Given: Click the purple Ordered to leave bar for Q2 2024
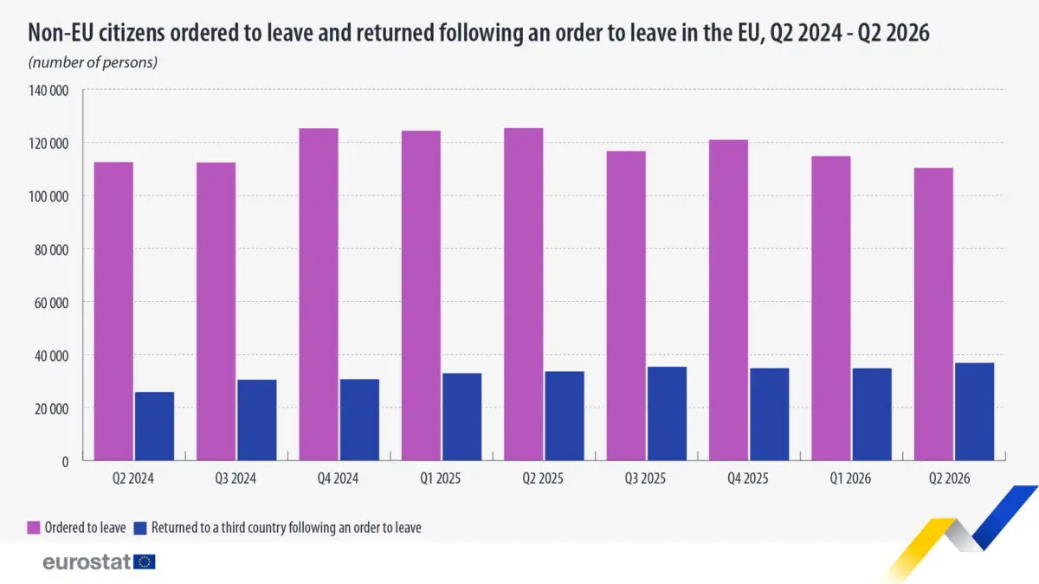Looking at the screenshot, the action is [113, 311].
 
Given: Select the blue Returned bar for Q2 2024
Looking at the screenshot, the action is [154, 427].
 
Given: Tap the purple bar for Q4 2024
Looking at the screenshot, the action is [319, 294].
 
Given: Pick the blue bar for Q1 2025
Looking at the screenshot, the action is [462, 417].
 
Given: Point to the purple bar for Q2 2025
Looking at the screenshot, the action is [524, 294].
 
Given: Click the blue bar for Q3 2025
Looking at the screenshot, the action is [667, 414].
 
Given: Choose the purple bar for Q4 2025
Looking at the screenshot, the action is [729, 300].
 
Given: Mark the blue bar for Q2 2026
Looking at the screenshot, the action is [975, 412].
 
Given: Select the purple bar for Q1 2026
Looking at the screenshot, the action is [831, 308].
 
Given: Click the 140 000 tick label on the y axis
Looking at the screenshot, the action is [48, 90].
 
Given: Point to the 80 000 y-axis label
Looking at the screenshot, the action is [51, 250].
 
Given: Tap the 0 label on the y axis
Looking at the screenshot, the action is [66, 462].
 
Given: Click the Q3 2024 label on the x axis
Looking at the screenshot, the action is [236, 478].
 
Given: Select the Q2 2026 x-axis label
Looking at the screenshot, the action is [949, 478].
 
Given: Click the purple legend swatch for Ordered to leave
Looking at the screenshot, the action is [34, 528].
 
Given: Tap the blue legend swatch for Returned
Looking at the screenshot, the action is [140, 528].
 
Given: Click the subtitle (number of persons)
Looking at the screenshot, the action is [93, 62].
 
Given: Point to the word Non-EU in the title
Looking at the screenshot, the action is [61, 33].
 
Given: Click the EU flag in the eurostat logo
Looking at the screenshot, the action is [145, 562].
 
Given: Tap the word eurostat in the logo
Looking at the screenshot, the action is [87, 562].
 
